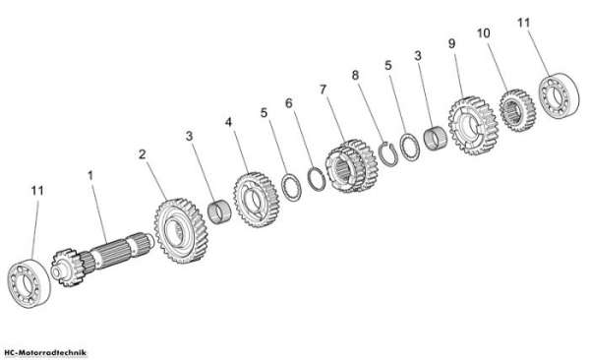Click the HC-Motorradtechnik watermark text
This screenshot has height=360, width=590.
[x=43, y=353]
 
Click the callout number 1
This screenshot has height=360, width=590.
[x=90, y=175]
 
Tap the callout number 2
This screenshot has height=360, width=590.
[x=142, y=154]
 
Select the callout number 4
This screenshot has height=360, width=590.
[x=228, y=122]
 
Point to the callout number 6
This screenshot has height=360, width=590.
[x=288, y=103]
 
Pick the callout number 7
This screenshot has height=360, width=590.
[x=323, y=90]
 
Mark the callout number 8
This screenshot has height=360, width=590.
[x=355, y=76]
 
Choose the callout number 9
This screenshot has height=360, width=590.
[x=451, y=43]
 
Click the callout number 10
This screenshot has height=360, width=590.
[x=484, y=33]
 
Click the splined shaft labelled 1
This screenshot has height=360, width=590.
[x=102, y=257]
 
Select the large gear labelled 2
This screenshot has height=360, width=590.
[x=181, y=230]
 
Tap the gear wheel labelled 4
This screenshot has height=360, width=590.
[x=257, y=200]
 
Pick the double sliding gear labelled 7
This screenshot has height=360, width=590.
[x=352, y=166]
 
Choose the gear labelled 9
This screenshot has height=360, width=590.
[x=473, y=125]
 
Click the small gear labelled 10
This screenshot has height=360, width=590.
[x=517, y=110]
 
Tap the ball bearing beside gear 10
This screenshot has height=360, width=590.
[x=560, y=96]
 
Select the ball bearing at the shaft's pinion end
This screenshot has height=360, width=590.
[x=29, y=283]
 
